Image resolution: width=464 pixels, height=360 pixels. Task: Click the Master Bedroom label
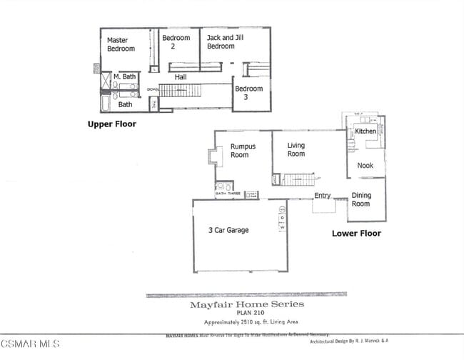(121, 44)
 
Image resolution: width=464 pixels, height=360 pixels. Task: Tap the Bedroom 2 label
(176, 42)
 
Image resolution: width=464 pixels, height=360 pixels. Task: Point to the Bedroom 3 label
(248, 93)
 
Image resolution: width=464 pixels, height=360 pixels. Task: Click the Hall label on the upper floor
(181, 76)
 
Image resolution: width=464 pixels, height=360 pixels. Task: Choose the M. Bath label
(126, 76)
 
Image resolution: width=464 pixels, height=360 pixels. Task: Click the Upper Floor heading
(111, 124)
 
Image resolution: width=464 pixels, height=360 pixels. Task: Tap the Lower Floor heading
(356, 233)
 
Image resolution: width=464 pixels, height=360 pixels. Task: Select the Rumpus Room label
(239, 150)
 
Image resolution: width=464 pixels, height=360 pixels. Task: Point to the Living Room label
(296, 149)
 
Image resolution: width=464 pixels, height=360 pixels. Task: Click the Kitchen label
(365, 131)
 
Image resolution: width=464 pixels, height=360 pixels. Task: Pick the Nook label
(365, 165)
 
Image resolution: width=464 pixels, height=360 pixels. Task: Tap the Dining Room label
(361, 199)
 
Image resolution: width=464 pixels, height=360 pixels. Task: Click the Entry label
(323, 196)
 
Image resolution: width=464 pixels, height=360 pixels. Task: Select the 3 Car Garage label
(228, 230)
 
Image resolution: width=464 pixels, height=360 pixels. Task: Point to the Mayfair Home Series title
(246, 304)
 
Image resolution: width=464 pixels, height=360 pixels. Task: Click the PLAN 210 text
(246, 312)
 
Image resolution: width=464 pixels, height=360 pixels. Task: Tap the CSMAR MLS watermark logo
(30, 344)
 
